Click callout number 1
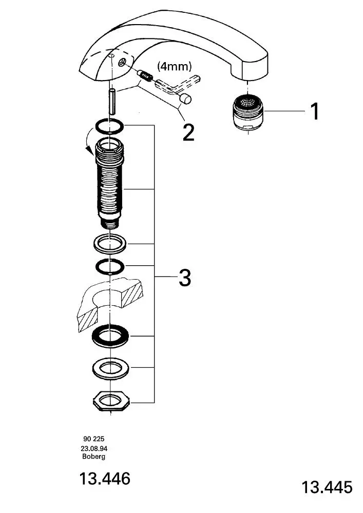[x=315, y=111]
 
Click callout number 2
[x=188, y=132]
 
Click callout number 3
[x=185, y=278]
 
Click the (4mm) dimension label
[x=174, y=66]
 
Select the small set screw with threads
[x=145, y=75]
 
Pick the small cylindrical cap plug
[x=186, y=98]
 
